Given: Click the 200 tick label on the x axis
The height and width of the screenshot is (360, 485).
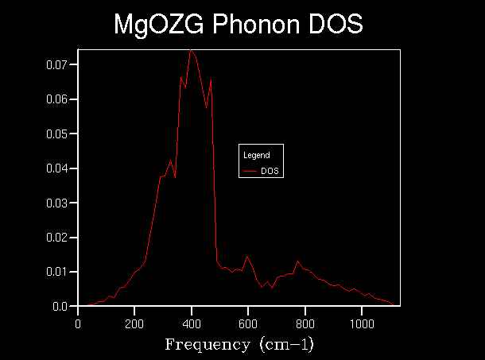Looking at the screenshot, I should point(134,323).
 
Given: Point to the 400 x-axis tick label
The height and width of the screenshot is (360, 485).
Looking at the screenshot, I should point(192,323).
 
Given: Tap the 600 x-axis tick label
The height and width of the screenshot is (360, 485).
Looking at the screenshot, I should point(248,323).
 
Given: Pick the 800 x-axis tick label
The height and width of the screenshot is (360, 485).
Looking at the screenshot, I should point(305,323).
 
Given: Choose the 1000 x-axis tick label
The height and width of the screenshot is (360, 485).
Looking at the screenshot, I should point(362,323).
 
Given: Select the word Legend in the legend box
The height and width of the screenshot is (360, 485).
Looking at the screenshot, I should point(256,155).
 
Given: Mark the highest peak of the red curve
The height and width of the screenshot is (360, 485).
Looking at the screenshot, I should point(191,51).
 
